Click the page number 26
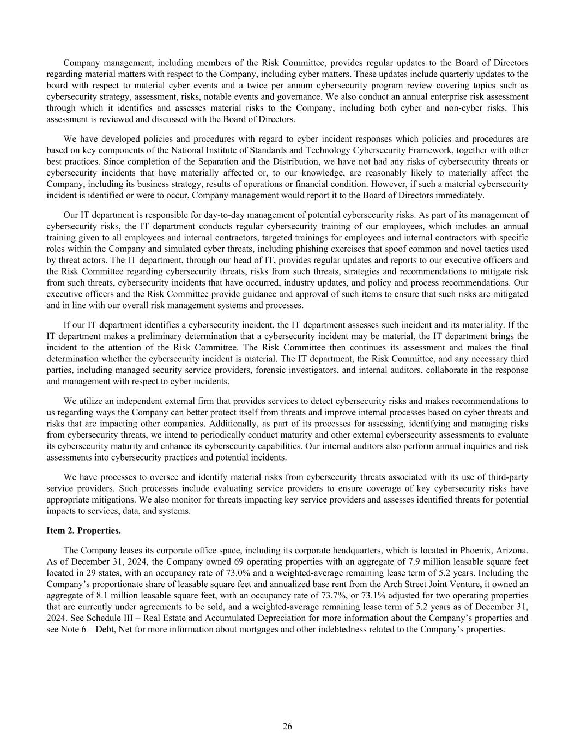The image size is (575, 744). pyautogui.click(x=287, y=726)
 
